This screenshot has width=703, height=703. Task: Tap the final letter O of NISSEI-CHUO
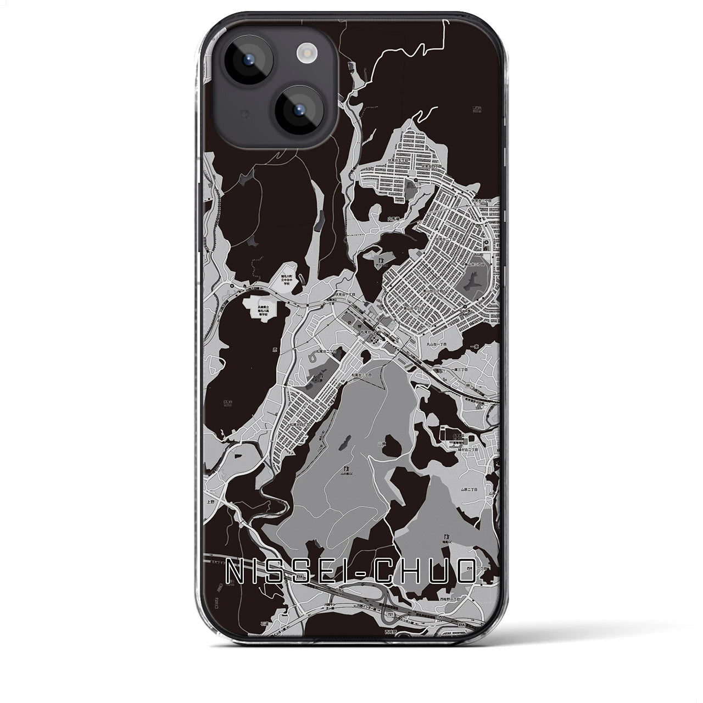(466, 571)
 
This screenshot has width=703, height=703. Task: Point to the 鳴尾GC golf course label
(448, 542)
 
